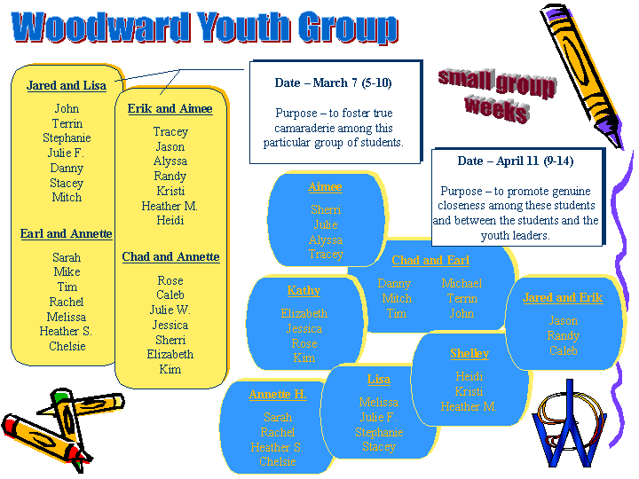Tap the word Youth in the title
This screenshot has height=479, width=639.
(244, 27)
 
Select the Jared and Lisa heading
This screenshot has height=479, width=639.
(67, 85)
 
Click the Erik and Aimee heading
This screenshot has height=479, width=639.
(170, 109)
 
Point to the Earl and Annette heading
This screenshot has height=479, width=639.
(67, 234)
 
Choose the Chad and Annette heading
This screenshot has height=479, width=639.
(170, 256)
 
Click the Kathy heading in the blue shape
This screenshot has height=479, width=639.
(304, 291)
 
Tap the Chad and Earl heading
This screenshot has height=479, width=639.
(430, 260)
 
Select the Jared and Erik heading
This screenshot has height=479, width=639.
(563, 298)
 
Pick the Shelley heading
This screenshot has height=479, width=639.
(469, 354)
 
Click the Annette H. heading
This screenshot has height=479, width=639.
(278, 394)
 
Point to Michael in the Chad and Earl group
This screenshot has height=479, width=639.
(461, 284)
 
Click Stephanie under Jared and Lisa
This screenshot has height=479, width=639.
(67, 138)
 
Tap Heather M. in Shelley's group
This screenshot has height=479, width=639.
(469, 406)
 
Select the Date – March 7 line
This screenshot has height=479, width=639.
(334, 83)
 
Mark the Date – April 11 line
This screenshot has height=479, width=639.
(516, 161)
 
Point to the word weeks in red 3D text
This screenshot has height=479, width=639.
(497, 108)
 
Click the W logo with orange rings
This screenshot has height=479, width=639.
(569, 426)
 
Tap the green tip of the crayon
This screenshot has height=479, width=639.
(60, 395)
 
